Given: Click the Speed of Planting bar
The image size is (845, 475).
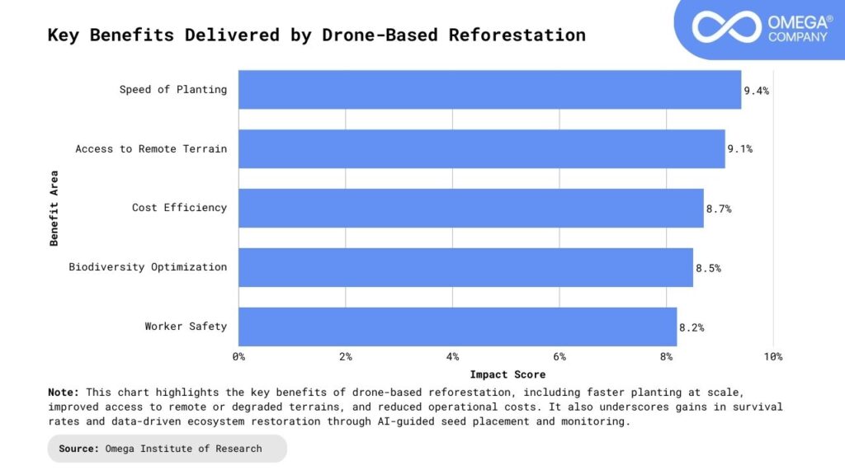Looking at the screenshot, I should tap(490, 90).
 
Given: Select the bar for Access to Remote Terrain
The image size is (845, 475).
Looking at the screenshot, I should tap(482, 149).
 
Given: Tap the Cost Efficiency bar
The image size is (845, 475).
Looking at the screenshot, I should tap(471, 208).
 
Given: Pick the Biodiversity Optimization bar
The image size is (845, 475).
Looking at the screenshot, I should tap(466, 267).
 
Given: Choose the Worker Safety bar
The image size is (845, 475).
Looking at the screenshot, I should tap(458, 327).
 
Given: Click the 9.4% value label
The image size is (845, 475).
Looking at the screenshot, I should tap(757, 91).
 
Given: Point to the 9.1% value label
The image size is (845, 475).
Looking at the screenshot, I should tap(740, 149).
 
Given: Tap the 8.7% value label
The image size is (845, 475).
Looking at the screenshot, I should tap(719, 209).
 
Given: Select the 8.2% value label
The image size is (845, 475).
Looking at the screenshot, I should tap(692, 327).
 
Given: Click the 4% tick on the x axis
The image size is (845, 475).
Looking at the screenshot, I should tap(452, 357).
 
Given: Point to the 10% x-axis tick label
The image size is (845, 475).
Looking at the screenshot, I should tap(772, 357).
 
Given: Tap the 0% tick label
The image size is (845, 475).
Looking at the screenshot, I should tap(239, 357).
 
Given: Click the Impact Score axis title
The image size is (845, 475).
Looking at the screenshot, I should tap(507, 374).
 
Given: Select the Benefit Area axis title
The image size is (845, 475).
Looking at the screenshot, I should tap(54, 208).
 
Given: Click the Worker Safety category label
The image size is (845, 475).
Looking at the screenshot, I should tap(186, 327).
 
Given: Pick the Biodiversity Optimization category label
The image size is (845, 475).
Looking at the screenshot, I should tap(148, 267).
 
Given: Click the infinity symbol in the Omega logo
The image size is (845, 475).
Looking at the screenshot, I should tap(725, 26).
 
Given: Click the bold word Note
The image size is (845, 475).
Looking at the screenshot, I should tap(64, 393).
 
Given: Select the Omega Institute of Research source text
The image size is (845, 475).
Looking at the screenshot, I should tap(183, 449).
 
